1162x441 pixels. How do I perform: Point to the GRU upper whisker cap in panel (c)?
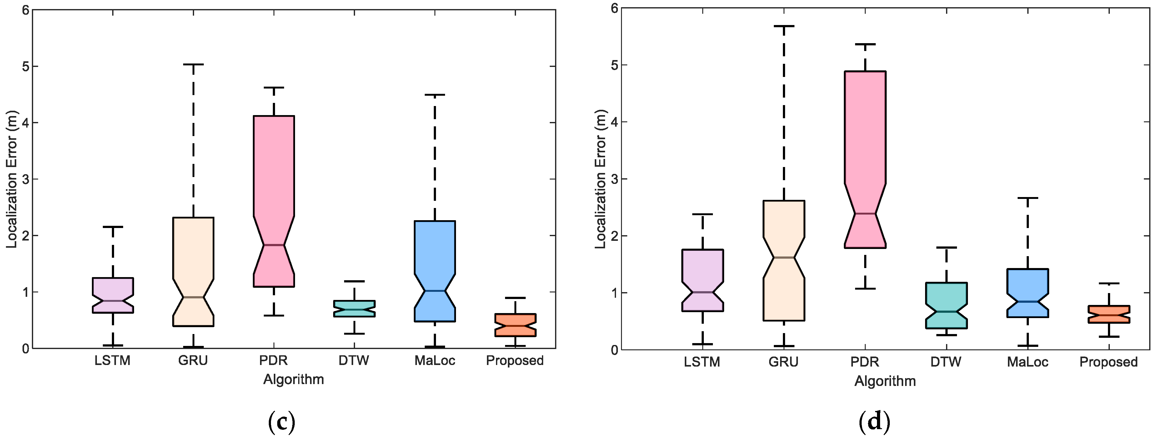tap(193, 64)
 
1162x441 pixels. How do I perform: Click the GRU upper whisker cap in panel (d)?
tap(784, 26)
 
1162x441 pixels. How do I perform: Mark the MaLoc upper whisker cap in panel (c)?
tap(435, 95)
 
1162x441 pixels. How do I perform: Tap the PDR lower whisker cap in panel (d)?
tap(865, 288)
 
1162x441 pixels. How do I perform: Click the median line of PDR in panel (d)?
tap(865, 214)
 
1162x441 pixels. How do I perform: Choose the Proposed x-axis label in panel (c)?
tap(515, 361)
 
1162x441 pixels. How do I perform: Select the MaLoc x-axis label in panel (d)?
tap(1028, 362)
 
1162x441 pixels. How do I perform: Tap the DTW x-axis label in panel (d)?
tap(946, 362)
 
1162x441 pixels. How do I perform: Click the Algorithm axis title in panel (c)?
tap(294, 380)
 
